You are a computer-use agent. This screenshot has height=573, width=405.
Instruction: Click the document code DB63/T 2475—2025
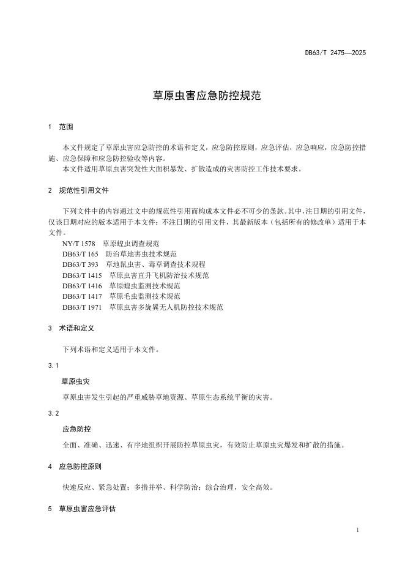coord(335,53)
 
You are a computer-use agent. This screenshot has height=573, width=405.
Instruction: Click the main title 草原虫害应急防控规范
coord(202,96)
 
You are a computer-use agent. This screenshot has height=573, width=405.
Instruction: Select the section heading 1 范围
coord(61,127)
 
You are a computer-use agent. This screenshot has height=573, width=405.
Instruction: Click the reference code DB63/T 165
coord(81,253)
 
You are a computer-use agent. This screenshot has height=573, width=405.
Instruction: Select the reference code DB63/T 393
coord(81,264)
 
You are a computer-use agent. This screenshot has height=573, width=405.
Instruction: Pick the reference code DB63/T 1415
coord(83,275)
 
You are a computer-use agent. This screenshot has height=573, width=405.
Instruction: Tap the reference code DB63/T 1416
coord(83,285)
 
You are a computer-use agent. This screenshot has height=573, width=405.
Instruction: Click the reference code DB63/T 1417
coord(83,296)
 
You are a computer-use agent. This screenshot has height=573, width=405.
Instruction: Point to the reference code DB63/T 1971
coord(83,307)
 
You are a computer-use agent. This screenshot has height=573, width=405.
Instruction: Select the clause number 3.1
coord(53,365)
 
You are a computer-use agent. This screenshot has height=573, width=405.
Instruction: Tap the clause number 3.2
coord(53,413)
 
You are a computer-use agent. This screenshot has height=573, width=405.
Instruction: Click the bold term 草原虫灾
coord(76,381)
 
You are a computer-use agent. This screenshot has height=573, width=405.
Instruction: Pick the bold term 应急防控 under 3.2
coord(76,429)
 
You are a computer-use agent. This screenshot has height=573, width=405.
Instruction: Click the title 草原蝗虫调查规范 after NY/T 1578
coord(131,243)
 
